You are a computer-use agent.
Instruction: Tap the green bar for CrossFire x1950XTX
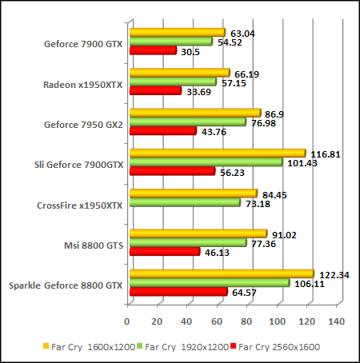click(x=184, y=202)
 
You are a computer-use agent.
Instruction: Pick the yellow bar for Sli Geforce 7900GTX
click(x=217, y=153)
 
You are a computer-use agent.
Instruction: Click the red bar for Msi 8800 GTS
click(x=164, y=251)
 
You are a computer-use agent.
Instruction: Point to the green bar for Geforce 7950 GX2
click(x=187, y=122)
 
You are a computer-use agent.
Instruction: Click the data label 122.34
click(x=334, y=273)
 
